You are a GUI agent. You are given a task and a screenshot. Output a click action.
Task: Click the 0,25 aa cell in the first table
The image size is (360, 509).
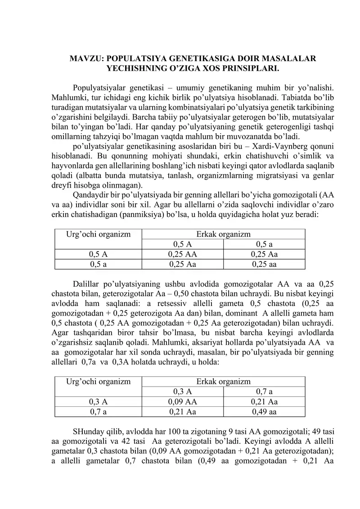[264, 264]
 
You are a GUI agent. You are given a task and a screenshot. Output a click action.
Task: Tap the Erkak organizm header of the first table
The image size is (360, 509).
[223, 234]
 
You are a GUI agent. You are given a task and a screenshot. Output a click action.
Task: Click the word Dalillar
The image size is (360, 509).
[85, 284]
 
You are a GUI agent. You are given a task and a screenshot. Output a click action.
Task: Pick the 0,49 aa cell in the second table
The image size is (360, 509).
[264, 411]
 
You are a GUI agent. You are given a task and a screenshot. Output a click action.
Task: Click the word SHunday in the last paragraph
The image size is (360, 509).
[87, 432]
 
